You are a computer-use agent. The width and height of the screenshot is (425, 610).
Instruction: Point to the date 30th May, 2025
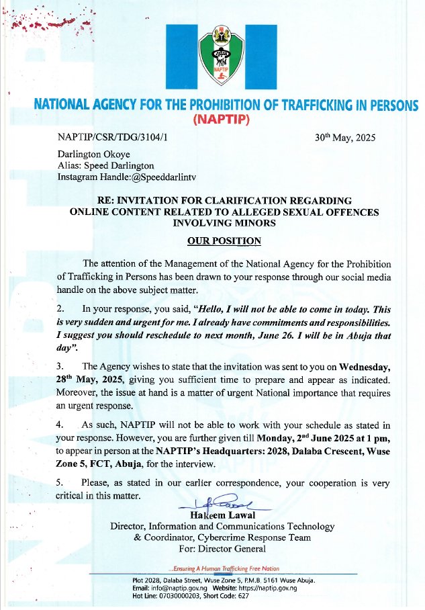345,138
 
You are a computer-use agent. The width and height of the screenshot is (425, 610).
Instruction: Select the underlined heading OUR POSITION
224,241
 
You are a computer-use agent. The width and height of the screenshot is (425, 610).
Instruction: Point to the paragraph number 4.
60,425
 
